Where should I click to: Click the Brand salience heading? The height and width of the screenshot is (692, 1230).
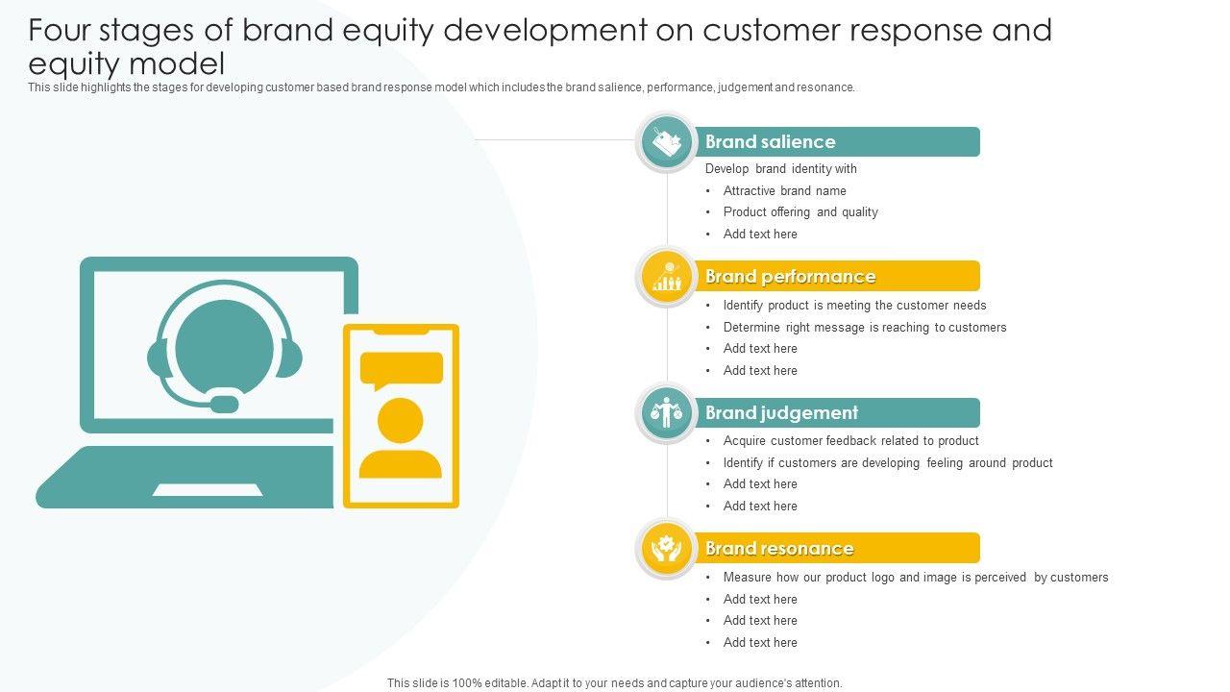(771, 142)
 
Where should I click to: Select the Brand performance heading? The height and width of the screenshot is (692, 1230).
(790, 277)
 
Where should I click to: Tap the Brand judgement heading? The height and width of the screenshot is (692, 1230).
(781, 413)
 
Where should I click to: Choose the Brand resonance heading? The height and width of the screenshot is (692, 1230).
(779, 549)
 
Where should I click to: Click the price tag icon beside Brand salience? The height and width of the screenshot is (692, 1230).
(667, 143)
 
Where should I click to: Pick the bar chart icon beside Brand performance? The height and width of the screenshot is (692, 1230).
(667, 278)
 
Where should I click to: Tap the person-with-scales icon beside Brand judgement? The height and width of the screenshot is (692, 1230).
(667, 413)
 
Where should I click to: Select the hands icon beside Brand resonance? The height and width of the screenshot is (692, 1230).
(667, 549)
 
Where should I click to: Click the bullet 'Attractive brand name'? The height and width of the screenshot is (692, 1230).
(784, 191)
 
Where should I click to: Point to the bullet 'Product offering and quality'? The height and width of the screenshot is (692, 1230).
(800, 212)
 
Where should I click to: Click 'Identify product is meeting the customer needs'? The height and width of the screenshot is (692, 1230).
(854, 306)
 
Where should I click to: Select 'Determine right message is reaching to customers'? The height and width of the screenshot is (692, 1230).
(865, 328)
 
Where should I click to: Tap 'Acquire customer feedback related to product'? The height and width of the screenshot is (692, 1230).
(850, 441)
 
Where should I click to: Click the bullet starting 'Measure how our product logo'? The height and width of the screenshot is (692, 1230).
(916, 578)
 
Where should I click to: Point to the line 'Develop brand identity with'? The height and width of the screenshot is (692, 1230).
(780, 169)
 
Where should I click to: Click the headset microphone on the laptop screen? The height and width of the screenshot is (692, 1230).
(224, 404)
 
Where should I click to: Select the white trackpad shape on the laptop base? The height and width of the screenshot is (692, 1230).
(208, 490)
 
